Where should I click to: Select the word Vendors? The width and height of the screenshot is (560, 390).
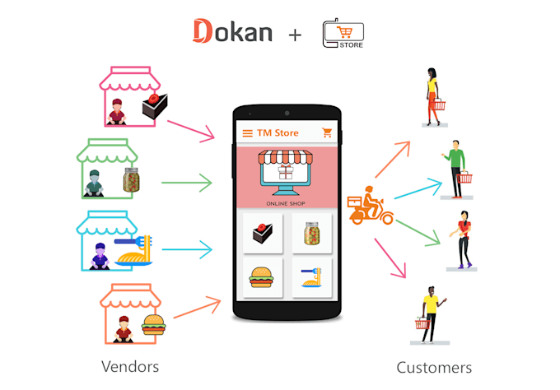pyautogui.click(x=130, y=365)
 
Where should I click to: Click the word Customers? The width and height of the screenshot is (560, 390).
pyautogui.click(x=434, y=367)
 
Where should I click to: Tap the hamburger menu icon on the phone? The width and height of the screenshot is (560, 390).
pyautogui.click(x=247, y=132)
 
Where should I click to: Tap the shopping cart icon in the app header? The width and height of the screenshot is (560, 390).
pyautogui.click(x=327, y=132)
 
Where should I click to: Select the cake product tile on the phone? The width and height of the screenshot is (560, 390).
pyautogui.click(x=263, y=233)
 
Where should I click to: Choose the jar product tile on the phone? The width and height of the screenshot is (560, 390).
pyautogui.click(x=311, y=233)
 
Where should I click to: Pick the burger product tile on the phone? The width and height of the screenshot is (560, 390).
pyautogui.click(x=263, y=278)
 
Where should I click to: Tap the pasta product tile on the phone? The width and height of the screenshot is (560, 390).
pyautogui.click(x=311, y=278)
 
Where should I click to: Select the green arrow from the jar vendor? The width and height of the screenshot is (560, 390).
pyautogui.click(x=187, y=182)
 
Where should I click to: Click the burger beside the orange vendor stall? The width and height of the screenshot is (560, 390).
pyautogui.click(x=152, y=325)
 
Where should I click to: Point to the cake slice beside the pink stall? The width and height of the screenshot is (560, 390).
pyautogui.click(x=152, y=106)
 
